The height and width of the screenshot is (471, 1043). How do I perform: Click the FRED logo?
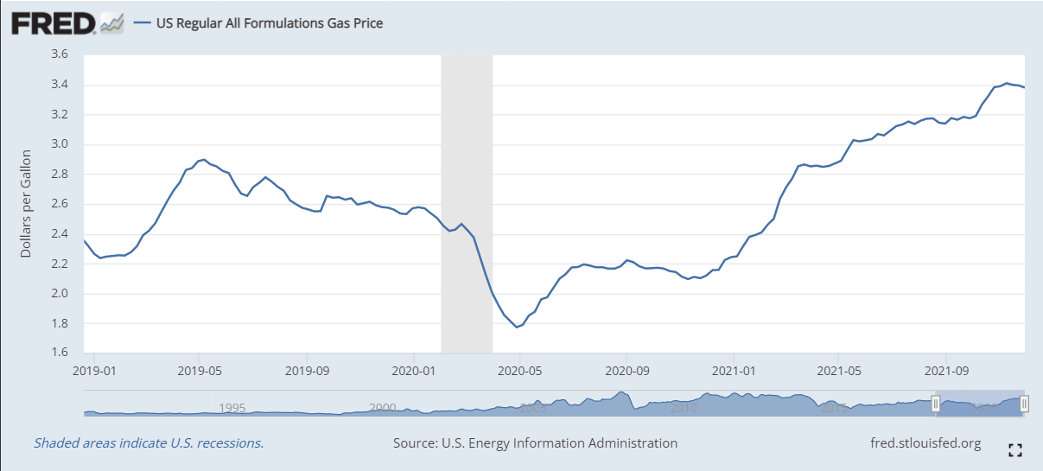pos(54,22)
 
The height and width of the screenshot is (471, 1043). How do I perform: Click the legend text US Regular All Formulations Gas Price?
pos(269,23)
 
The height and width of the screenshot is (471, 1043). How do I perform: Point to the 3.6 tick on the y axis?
pos(59,54)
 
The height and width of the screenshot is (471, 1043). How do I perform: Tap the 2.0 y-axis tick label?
pos(59,294)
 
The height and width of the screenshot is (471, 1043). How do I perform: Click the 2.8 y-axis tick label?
pos(59,175)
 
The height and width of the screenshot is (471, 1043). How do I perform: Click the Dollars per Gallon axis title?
pos(27,203)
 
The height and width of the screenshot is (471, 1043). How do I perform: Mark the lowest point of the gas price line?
pos(517,327)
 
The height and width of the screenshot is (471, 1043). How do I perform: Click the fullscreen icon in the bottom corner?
pos(1015,449)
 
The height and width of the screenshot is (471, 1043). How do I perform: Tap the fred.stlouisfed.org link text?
pos(926,443)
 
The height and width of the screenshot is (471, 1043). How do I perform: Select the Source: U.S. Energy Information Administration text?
pos(535,443)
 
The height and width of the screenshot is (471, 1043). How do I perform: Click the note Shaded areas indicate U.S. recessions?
pos(149,443)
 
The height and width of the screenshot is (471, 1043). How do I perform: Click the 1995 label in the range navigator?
pos(232,408)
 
